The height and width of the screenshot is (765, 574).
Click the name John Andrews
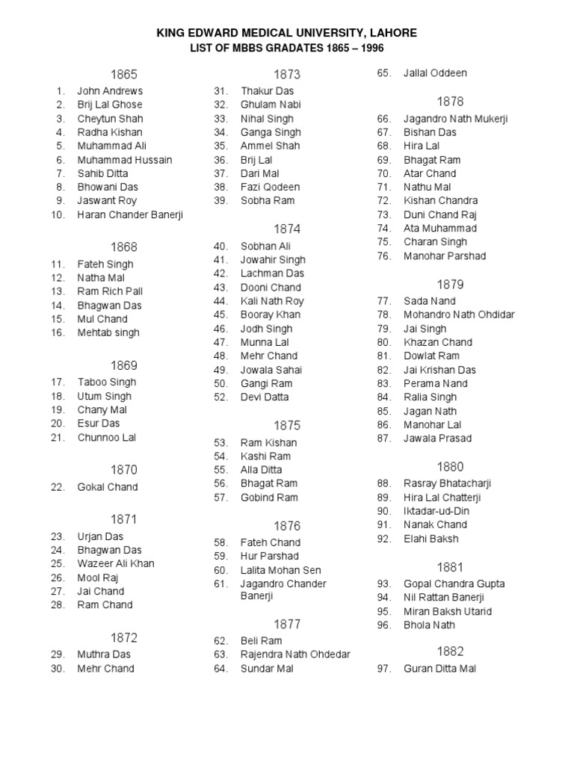(110, 91)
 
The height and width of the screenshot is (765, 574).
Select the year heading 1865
(124, 74)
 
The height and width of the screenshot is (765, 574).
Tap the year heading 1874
(287, 229)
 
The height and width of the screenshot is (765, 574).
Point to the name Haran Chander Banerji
(130, 214)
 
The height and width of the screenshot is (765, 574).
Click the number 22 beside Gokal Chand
(58, 487)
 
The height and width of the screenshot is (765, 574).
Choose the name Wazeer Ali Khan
(116, 564)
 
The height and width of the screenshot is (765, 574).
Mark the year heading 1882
(451, 651)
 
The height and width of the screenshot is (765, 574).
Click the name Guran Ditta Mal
(439, 669)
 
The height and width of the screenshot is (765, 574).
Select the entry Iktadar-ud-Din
(436, 511)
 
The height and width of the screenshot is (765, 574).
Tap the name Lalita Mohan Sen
(280, 570)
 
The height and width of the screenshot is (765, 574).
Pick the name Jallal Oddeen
(435, 73)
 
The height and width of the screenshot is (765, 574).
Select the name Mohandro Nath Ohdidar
(459, 315)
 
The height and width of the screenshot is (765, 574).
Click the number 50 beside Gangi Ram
(220, 383)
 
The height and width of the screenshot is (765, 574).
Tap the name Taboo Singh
(107, 382)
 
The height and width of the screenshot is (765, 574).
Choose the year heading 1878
(451, 101)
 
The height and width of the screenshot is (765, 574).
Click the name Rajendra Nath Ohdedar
(295, 654)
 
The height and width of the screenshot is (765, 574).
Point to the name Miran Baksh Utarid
(448, 611)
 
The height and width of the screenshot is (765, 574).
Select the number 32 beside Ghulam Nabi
(220, 105)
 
